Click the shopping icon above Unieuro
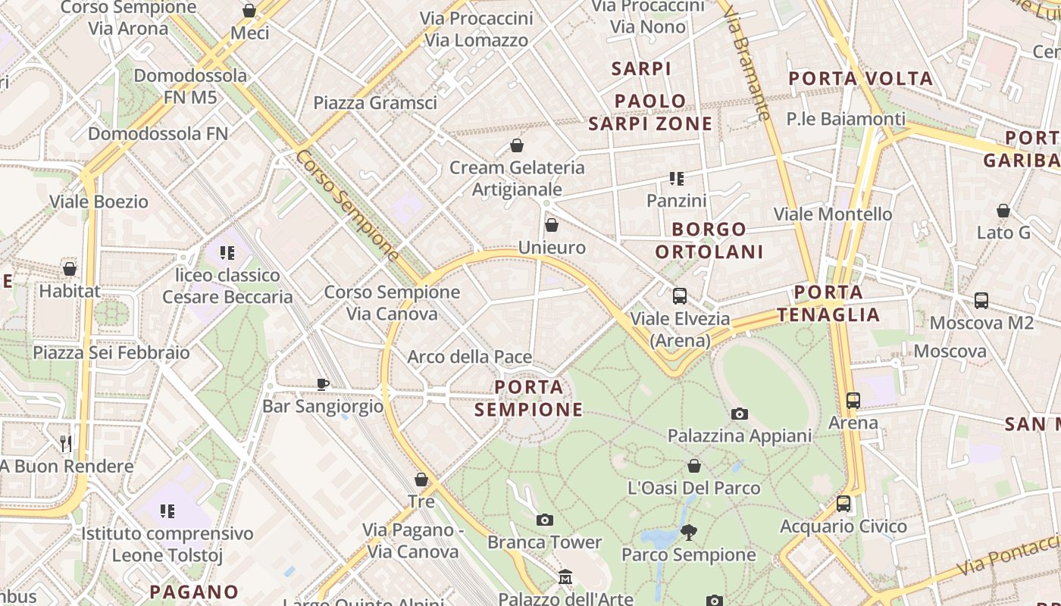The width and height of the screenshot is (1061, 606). click(552, 225)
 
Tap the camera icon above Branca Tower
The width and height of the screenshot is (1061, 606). click(544, 520)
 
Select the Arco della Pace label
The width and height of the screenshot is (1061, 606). click(469, 357)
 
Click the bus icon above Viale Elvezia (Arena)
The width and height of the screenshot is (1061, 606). click(679, 296)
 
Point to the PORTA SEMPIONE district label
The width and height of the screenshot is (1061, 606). click(529, 398)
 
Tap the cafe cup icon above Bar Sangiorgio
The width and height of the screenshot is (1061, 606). click(323, 384)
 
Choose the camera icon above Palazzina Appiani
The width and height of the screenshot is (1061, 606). click(739, 414)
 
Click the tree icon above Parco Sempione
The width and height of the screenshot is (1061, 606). click(688, 532)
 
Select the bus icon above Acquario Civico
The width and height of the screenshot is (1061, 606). click(843, 504)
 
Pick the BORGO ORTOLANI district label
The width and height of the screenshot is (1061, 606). click(709, 240)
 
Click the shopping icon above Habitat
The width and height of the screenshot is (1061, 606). click(70, 269)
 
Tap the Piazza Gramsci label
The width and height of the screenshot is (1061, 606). click(375, 102)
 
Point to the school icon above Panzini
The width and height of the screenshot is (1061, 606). click(676, 179)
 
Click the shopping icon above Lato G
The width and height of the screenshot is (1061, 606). click(1003, 211)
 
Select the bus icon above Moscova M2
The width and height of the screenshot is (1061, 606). click(981, 301)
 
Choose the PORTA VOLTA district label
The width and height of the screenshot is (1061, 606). click(860, 79)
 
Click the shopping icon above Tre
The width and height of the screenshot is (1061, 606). click(421, 479)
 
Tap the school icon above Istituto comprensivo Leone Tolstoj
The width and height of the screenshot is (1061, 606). click(167, 511)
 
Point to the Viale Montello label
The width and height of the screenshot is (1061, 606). click(833, 214)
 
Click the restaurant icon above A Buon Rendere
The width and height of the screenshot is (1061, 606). click(66, 443)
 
